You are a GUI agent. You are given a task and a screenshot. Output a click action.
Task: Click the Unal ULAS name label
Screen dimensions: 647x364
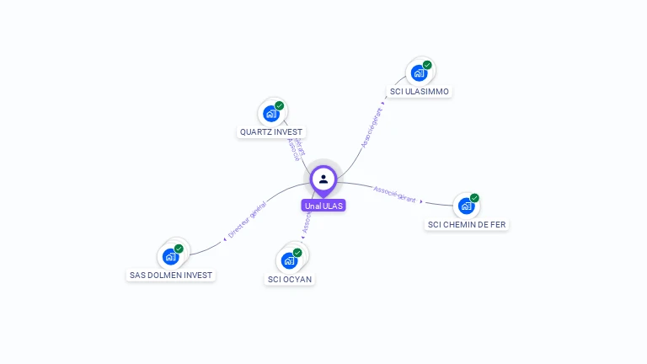[323, 206]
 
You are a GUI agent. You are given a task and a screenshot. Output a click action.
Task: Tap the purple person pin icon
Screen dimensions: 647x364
[323, 179]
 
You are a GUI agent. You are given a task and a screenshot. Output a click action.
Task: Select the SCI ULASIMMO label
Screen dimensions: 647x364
[420, 91]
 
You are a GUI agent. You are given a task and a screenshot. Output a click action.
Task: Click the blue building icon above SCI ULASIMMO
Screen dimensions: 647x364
[419, 72]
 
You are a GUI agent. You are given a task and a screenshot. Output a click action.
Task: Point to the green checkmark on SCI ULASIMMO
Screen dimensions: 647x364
[427, 65]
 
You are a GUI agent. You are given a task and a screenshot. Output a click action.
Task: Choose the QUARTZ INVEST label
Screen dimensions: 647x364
[270, 132]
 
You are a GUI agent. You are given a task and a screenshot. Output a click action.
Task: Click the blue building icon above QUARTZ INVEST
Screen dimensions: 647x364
[270, 113]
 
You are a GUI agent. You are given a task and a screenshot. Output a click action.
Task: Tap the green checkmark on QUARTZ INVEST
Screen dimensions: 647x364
[279, 105]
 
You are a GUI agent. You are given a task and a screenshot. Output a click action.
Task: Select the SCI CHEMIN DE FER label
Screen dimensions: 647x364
[467, 224]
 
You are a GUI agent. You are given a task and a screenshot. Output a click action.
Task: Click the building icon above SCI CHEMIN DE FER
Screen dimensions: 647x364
[466, 206]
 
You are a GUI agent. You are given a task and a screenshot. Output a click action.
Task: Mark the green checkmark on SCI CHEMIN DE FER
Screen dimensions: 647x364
[474, 198]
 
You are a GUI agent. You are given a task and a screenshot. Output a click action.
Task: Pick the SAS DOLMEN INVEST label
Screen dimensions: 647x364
[171, 276]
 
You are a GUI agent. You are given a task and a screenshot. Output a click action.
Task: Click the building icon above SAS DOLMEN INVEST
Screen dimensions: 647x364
[170, 256]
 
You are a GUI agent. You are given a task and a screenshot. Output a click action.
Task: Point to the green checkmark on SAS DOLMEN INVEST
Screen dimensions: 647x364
[179, 249]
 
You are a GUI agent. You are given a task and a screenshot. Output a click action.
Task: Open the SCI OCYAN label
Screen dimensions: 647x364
[290, 279]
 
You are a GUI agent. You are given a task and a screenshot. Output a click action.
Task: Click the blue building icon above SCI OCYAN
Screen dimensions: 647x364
[289, 260]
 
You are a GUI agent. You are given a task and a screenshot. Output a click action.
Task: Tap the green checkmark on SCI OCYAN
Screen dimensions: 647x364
[297, 252]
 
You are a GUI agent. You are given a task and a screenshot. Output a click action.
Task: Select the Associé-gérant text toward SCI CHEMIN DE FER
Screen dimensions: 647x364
[394, 194]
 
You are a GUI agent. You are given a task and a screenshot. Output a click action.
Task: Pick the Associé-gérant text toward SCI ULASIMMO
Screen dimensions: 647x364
[372, 127]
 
